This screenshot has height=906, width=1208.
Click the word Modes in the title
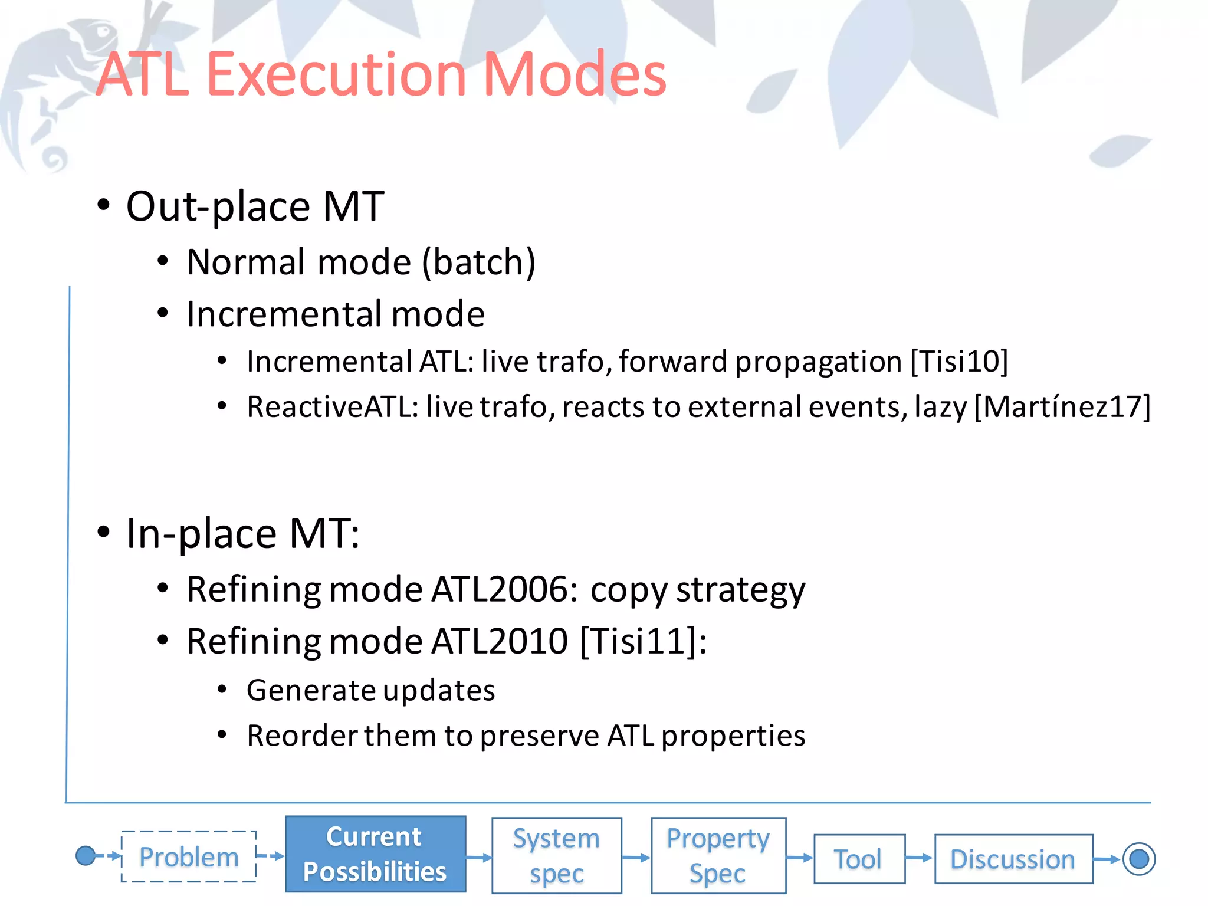click(575, 75)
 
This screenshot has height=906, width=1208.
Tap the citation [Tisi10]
click(959, 361)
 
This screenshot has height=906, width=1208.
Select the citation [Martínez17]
click(1062, 407)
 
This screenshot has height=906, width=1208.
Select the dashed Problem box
click(189, 856)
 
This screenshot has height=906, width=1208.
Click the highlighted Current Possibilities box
click(375, 854)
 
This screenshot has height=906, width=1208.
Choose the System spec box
click(556, 855)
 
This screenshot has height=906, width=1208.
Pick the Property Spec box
click(718, 855)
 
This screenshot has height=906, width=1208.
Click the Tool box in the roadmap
click(859, 859)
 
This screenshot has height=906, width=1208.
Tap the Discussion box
click(1013, 859)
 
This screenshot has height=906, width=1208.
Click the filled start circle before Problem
click(86, 855)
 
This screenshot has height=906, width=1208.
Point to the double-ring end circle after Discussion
click(1138, 859)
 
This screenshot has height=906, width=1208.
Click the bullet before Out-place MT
click(104, 205)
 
